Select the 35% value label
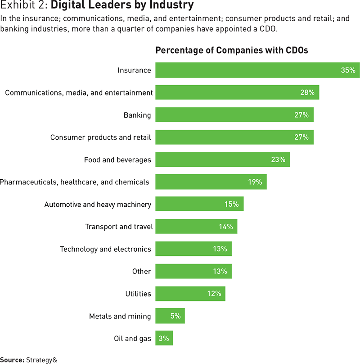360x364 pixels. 348,70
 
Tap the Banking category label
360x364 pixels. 137,115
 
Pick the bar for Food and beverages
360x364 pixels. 222,159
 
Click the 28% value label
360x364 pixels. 307,93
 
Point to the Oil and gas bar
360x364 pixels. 164,338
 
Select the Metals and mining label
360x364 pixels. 120,316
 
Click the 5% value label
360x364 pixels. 175,316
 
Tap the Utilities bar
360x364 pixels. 190,294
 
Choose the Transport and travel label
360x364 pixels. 119,227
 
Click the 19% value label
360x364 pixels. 255,182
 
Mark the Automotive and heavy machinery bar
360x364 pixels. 199,204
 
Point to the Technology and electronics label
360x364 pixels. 106,249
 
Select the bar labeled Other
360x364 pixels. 193,271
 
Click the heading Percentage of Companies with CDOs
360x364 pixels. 232,50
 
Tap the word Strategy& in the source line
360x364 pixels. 42,360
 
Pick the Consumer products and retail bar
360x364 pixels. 234,137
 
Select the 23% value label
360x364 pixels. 278,159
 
